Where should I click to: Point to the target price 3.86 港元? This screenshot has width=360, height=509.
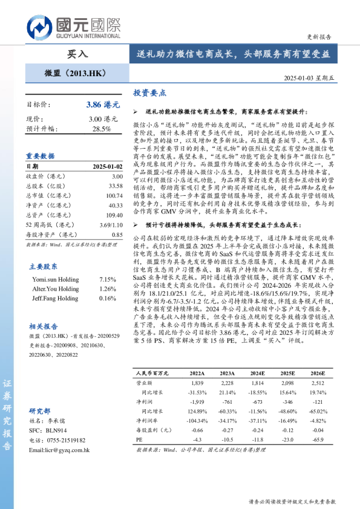(102, 105)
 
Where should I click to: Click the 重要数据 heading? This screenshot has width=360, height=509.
(41, 155)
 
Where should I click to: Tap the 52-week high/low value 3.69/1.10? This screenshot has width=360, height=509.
(110, 225)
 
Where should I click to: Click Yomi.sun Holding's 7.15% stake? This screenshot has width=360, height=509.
(107, 279)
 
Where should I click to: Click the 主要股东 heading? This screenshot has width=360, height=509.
(44, 266)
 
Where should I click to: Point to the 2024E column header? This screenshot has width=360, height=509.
(257, 374)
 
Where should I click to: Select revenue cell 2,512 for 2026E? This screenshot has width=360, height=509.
(318, 383)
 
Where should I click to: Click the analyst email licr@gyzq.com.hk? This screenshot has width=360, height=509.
(59, 450)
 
